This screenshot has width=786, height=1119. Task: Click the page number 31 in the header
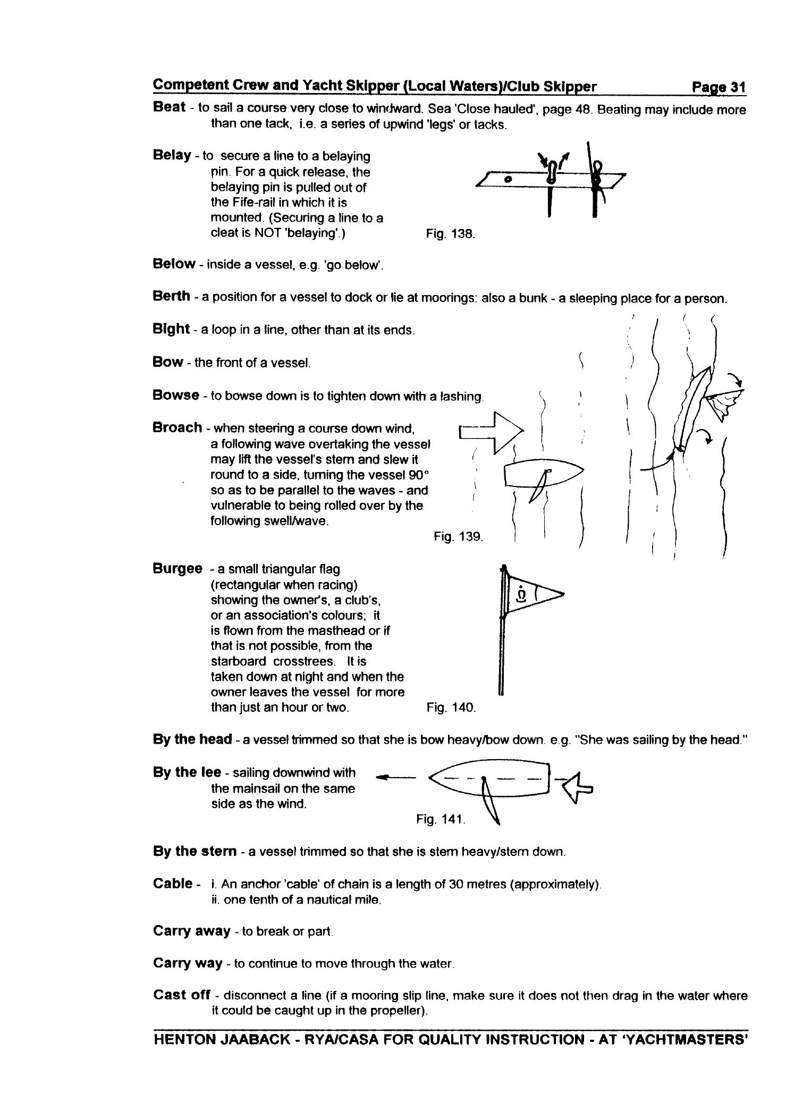[737, 87]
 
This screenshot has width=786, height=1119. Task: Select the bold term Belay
[172, 155]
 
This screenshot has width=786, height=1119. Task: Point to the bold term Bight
[171, 329]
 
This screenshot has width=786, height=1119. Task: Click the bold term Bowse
[175, 395]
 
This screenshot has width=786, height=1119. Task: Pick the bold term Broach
[177, 427]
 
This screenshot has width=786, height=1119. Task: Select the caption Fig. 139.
[458, 536]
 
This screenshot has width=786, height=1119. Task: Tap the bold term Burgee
[178, 569]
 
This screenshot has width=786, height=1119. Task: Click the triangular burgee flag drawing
[531, 594]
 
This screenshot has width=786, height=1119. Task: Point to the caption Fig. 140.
[451, 708]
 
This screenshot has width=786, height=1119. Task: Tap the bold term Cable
[173, 884]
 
